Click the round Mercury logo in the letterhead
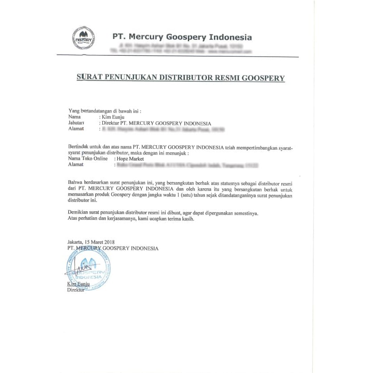tap(83, 37)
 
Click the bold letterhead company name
tap(182, 37)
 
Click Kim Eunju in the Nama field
tap(114, 117)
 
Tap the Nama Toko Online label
tap(88, 159)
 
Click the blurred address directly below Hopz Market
tap(186, 165)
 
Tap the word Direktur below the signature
tap(75, 290)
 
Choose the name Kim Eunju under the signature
tap(78, 284)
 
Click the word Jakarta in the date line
tap(75, 242)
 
